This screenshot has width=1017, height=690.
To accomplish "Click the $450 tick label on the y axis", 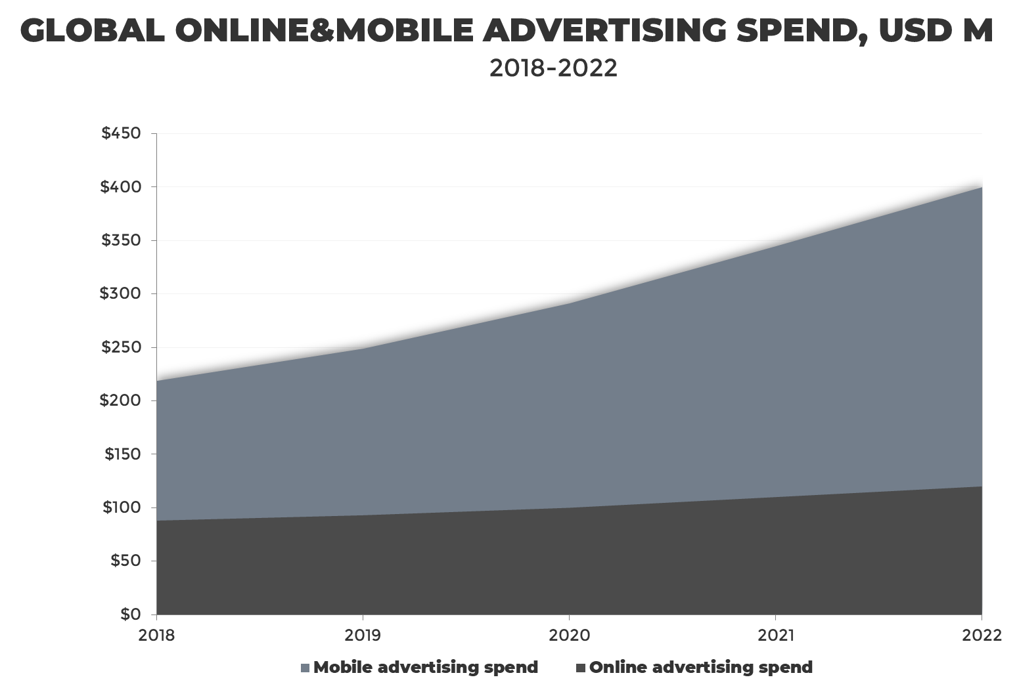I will [x=121, y=133].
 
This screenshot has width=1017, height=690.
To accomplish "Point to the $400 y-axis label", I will [x=121, y=187].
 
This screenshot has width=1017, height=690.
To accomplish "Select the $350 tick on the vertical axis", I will [x=121, y=240].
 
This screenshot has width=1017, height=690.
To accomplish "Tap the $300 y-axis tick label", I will [x=120, y=293].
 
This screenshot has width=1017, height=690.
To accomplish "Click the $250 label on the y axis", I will [x=121, y=347].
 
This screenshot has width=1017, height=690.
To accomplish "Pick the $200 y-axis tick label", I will [x=120, y=400].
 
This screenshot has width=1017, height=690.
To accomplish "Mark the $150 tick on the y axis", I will [x=122, y=454].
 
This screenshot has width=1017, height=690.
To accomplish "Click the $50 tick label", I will [x=125, y=561].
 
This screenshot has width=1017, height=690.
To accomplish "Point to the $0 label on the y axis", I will [x=129, y=615].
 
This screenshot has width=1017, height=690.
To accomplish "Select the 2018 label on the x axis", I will [x=157, y=636].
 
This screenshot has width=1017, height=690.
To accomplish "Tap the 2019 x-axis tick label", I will [x=363, y=636].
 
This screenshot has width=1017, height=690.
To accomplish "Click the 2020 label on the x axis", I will [x=570, y=636].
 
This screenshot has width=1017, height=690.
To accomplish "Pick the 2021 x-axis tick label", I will [x=776, y=636].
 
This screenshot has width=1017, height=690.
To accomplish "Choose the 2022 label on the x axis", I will [x=982, y=636].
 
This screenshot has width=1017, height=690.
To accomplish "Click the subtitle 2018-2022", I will [x=553, y=68].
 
